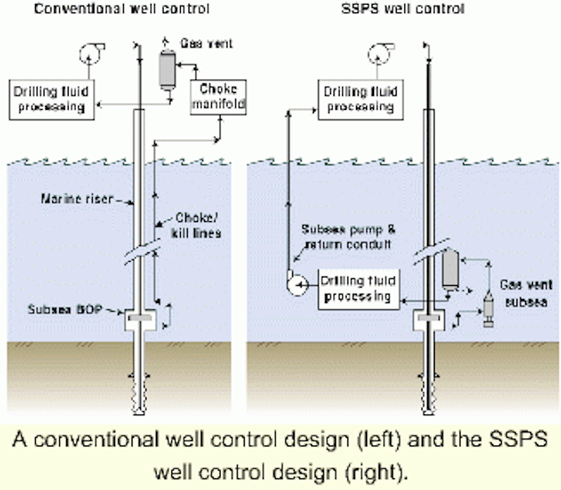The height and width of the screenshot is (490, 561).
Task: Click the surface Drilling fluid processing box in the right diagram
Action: pos(362,99)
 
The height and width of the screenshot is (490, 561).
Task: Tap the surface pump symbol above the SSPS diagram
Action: pos(379,53)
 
